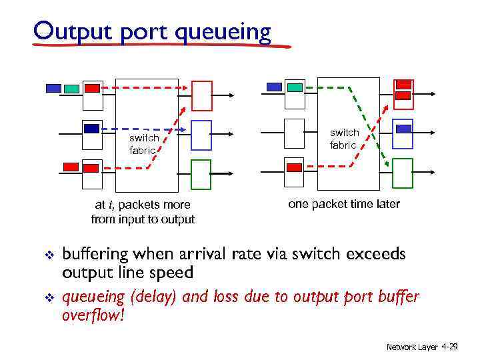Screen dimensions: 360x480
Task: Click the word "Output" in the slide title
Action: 71,31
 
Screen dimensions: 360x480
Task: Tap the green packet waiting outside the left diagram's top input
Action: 72,88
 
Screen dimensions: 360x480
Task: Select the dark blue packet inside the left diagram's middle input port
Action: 91,128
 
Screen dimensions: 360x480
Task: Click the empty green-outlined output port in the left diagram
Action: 201,175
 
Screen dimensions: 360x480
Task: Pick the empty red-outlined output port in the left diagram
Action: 201,95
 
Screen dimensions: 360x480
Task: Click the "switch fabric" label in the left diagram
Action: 143,144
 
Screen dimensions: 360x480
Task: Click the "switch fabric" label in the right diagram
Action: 344,139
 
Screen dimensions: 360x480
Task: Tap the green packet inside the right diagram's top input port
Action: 293,87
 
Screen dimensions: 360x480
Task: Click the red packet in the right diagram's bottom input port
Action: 293,167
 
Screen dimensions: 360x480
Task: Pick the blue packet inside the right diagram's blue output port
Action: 403,129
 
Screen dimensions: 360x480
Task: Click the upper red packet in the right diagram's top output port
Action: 403,85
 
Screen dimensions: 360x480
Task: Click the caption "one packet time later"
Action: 343,204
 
